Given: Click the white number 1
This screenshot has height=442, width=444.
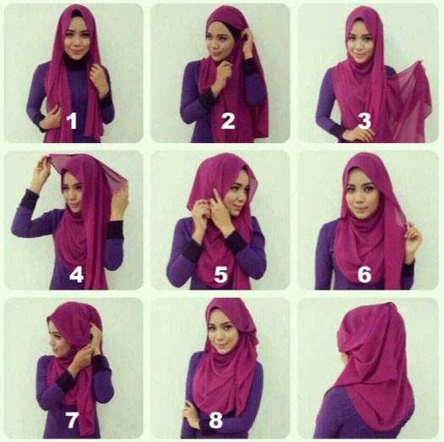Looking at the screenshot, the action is pos(72,120).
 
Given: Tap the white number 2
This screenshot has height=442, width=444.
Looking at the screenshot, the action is pos(227,120).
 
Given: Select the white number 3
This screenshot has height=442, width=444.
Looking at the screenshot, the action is pos(365,120).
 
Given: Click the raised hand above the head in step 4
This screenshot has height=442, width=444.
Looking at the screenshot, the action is pos(41,170).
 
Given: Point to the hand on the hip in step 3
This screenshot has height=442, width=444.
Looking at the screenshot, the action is pos(359,135).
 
